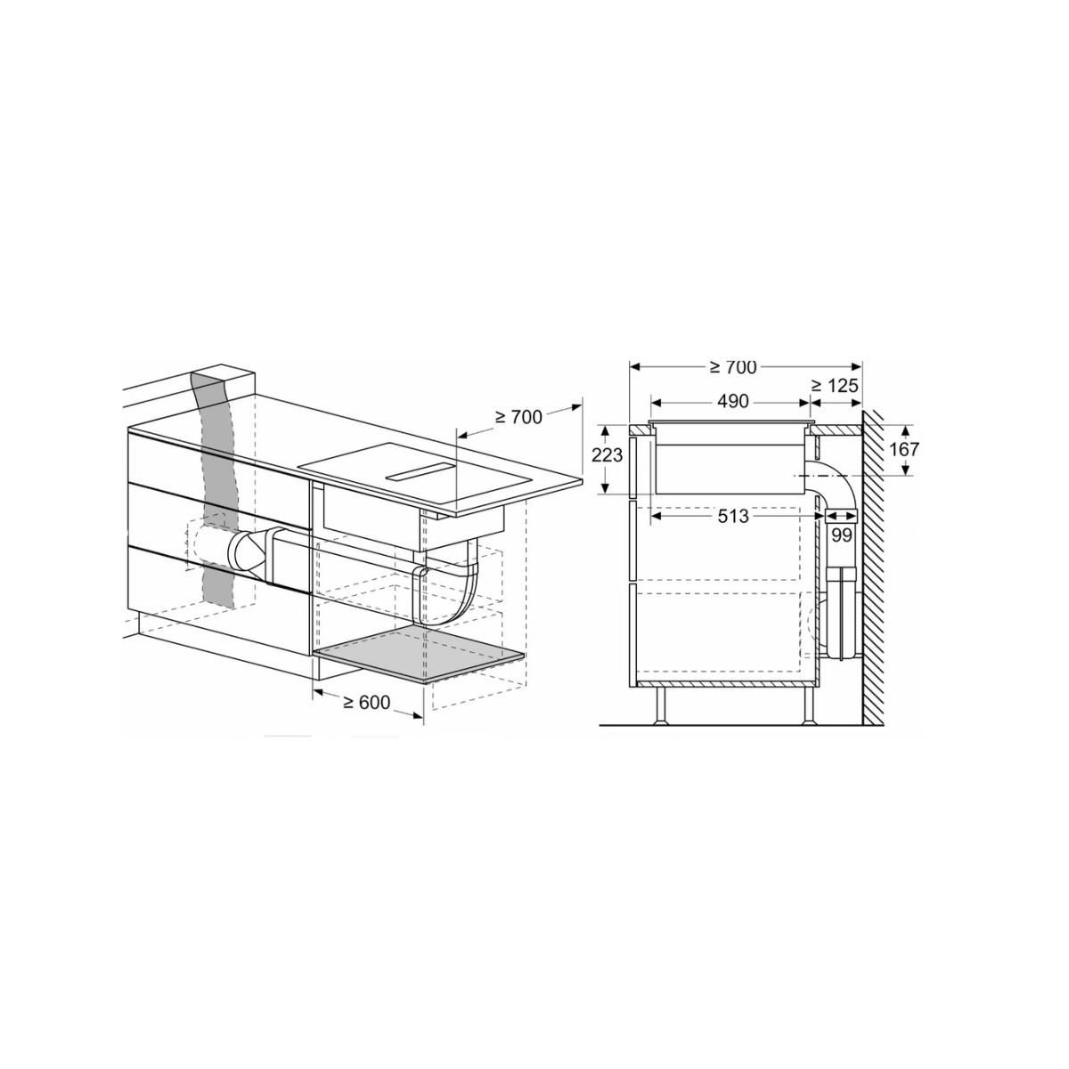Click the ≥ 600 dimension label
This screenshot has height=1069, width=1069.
(x=367, y=702)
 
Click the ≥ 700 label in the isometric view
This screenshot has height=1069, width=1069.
(x=518, y=416)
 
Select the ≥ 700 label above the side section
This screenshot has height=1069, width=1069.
(x=733, y=367)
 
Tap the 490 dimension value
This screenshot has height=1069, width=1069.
(x=733, y=402)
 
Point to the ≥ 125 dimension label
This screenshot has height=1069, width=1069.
(x=835, y=386)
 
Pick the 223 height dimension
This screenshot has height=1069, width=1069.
(x=607, y=455)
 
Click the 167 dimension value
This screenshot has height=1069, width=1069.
(x=904, y=449)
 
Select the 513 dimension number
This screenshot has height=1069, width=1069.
(x=733, y=517)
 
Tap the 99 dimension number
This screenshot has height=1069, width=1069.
(x=842, y=535)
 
